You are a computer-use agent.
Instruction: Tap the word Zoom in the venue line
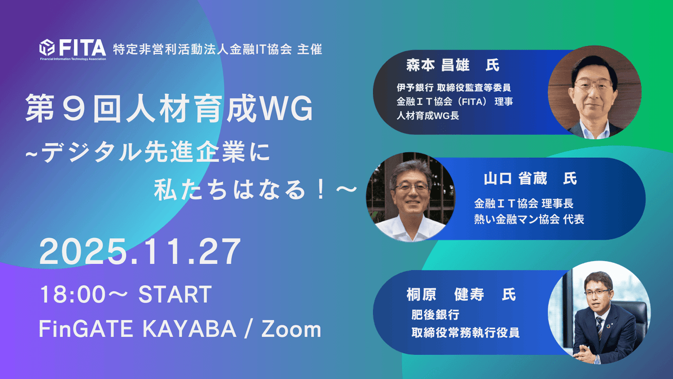click(x=291, y=329)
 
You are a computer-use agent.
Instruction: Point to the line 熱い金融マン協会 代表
click(x=529, y=219)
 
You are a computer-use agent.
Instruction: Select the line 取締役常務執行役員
click(x=465, y=332)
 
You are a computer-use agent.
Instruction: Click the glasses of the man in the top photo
click(x=593, y=86)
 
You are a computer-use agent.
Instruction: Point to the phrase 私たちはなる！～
click(x=255, y=191)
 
